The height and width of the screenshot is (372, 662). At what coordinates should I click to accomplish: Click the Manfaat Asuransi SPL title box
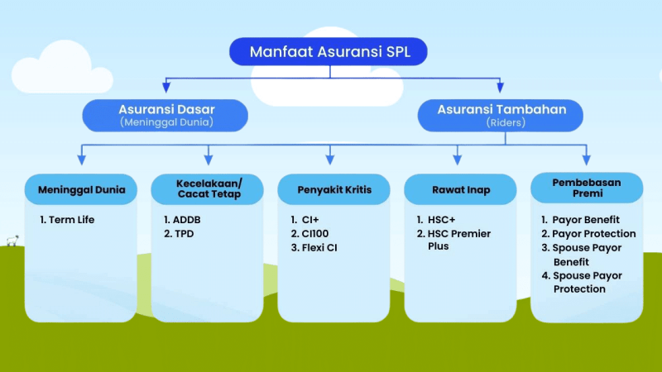328,51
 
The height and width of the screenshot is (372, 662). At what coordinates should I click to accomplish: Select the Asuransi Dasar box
165,116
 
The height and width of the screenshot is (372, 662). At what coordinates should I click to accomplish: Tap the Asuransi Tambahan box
501,116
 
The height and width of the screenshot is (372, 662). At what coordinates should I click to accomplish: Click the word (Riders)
506,122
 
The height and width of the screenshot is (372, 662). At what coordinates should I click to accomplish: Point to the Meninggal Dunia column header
81,189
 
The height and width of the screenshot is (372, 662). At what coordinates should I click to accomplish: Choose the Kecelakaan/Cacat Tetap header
208,189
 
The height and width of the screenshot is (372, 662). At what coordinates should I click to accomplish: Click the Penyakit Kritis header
333,189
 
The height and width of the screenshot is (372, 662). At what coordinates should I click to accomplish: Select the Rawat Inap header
460,189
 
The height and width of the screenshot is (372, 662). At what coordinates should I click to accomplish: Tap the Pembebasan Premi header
587,188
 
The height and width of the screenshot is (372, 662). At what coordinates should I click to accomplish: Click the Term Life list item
67,220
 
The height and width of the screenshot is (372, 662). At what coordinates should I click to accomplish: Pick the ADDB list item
182,220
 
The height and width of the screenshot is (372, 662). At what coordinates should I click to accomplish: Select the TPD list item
179,234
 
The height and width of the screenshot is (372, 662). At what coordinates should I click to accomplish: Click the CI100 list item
309,234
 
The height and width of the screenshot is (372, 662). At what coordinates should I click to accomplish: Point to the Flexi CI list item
314,247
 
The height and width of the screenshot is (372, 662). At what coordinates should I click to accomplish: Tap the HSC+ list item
436,220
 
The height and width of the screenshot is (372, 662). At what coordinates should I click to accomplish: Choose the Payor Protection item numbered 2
588,234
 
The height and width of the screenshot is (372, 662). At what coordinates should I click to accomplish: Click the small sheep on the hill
12,241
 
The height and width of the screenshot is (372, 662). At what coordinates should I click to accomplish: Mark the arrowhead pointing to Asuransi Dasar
166,87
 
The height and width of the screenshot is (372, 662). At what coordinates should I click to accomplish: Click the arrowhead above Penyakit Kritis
330,160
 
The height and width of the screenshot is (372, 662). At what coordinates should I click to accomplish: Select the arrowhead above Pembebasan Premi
587,160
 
